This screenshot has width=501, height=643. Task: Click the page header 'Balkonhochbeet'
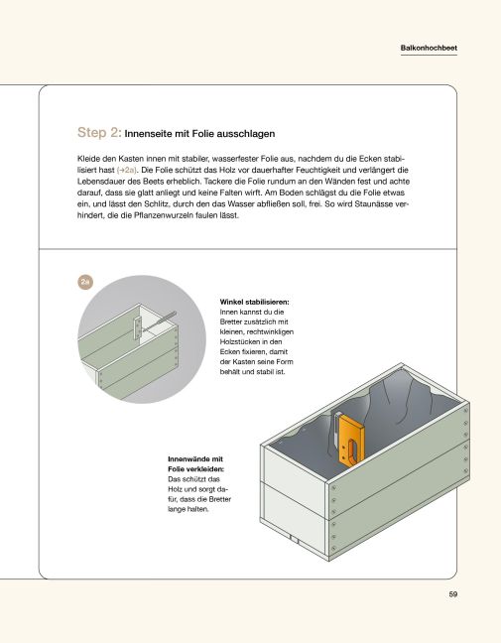428,47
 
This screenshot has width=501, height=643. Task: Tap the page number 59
452,595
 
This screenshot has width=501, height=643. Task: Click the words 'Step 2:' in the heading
99,131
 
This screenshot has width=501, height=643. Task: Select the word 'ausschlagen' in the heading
241,132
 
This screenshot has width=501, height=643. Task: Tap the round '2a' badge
85,283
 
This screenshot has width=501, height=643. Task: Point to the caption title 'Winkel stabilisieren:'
255,302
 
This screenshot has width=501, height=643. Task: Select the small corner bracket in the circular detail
137,326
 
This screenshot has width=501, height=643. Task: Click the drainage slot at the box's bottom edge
294,539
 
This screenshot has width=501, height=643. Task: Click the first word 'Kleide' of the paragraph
90,158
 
